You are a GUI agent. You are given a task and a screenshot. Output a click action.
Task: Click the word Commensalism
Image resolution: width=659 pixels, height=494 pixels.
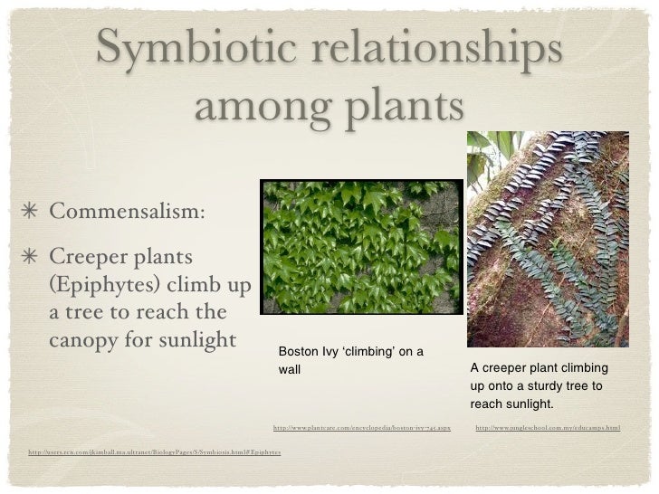click(127, 211)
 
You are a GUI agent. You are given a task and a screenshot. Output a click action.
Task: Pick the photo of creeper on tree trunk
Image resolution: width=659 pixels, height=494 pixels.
click(547, 239)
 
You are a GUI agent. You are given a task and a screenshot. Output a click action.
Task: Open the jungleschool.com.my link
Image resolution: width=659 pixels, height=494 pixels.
click(547, 426)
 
